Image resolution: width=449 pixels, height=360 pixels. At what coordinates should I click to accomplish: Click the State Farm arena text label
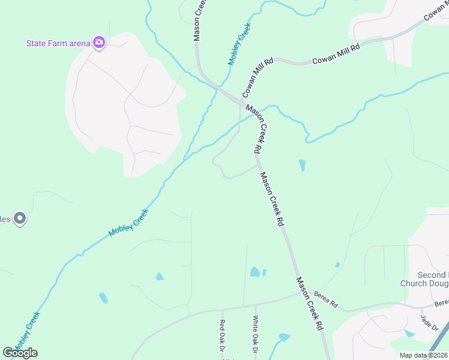[x=58, y=43]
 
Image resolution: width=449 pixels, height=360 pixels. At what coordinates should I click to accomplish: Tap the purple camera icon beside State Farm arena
[x=99, y=42]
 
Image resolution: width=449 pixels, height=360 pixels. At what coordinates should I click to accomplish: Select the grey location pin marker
[x=20, y=219]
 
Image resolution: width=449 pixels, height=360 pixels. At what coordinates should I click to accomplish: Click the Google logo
[x=20, y=352]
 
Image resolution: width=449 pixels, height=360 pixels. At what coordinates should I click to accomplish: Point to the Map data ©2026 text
[x=423, y=355]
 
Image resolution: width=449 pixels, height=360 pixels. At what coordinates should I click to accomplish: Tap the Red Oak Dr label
[x=221, y=335]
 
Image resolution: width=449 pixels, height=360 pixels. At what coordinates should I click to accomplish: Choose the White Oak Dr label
[x=255, y=334]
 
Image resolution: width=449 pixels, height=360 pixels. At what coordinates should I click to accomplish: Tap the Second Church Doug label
[x=424, y=279]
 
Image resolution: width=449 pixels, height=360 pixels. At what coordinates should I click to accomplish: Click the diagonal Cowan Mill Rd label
[x=258, y=78]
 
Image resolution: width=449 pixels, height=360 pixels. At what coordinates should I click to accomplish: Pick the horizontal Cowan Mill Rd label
[x=336, y=53]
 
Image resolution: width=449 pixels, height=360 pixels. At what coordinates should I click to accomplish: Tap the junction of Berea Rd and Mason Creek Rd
[x=300, y=293]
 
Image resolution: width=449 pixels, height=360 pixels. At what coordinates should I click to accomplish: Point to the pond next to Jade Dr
[x=409, y=333]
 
